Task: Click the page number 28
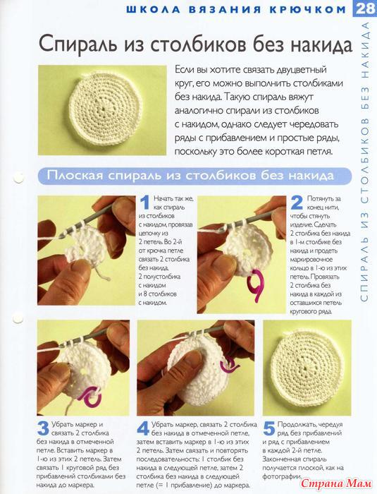pos(365,8)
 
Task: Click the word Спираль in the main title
pos(78,44)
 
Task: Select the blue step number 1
pos(144,203)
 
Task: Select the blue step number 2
pos(297,203)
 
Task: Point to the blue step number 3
pos(43,428)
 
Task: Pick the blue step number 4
pos(143,428)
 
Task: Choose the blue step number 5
pos(269,428)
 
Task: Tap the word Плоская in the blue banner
pos(75,175)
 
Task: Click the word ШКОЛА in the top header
pos(153,9)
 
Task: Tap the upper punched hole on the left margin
pos(18,178)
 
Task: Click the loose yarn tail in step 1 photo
pos(101,273)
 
